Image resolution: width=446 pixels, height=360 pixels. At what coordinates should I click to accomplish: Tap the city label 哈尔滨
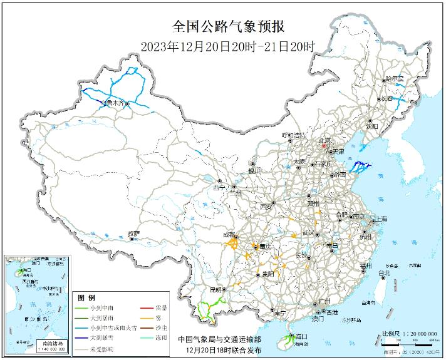pos(395,79)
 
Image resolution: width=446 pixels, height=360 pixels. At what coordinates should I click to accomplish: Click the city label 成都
pos(228,235)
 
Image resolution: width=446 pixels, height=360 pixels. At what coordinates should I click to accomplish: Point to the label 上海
pos(380,219)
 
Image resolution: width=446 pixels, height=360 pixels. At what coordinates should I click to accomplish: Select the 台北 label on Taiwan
pos(383,273)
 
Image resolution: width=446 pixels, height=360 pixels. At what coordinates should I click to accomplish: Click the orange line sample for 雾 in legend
pos(142,318)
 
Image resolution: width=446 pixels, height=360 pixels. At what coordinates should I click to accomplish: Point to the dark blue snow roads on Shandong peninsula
pos(361,167)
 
